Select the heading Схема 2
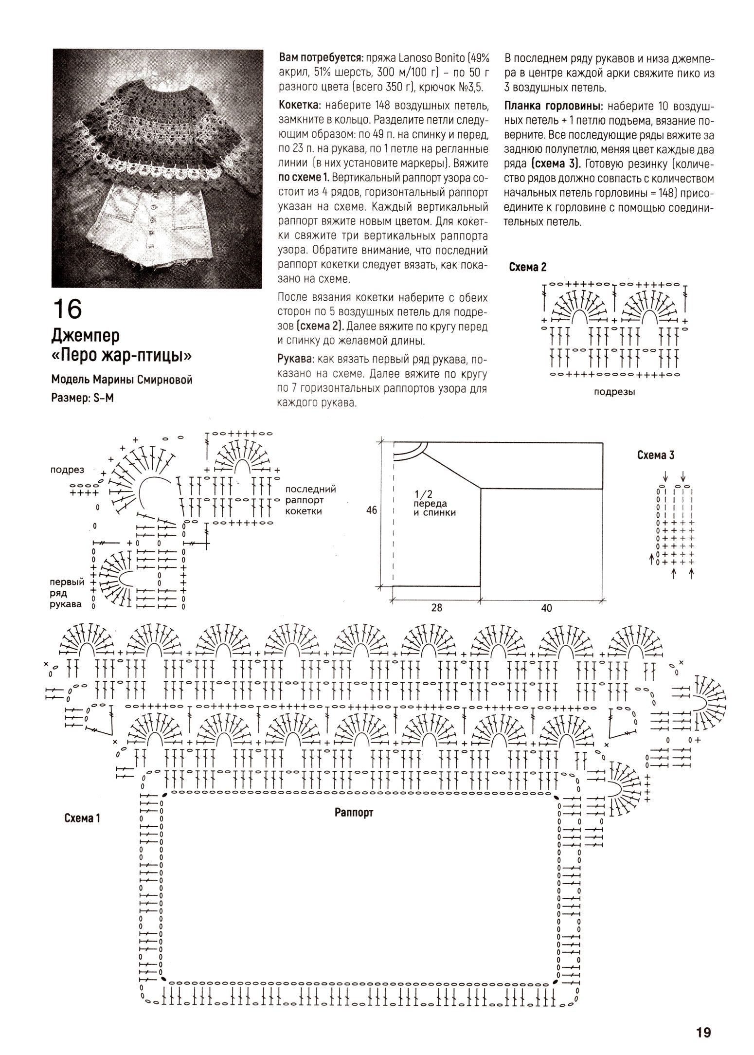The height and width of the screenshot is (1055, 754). (x=527, y=267)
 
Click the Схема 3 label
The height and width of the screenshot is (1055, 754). (x=656, y=455)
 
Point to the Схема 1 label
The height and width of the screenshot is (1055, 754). (x=82, y=818)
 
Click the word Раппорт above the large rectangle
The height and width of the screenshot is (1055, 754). (x=354, y=812)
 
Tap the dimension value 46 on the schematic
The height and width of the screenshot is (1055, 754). (x=372, y=510)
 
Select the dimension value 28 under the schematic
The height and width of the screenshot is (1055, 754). (x=437, y=608)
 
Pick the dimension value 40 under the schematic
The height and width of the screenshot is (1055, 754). (x=546, y=608)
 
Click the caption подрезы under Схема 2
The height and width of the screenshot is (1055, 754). (x=614, y=392)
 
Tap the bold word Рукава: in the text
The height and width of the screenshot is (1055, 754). (x=295, y=359)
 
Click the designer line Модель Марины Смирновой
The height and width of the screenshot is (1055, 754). (x=122, y=380)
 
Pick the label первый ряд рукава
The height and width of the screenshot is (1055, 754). (x=67, y=593)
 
